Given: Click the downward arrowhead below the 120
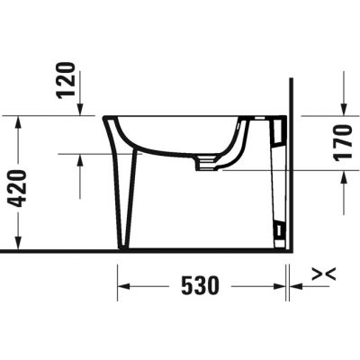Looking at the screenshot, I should (x=80, y=109).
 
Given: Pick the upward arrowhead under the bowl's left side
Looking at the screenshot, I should (x=80, y=160).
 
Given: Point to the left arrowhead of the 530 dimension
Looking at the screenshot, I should (x=125, y=286).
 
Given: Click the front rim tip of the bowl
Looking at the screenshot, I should (x=106, y=118).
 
